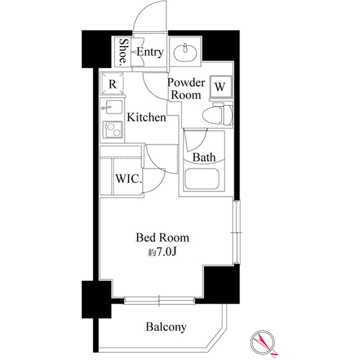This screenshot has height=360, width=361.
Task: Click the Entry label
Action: tap(150, 52)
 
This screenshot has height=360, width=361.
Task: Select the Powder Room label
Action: tap(186, 89)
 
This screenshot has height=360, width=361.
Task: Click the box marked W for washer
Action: tap(220, 87)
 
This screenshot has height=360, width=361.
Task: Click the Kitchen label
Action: tap(146, 118)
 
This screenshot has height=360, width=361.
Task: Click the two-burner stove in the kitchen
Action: tap(112, 131)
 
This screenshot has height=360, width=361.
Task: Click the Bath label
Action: tap(204, 157)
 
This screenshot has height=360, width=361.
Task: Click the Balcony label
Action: tap(166, 327)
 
